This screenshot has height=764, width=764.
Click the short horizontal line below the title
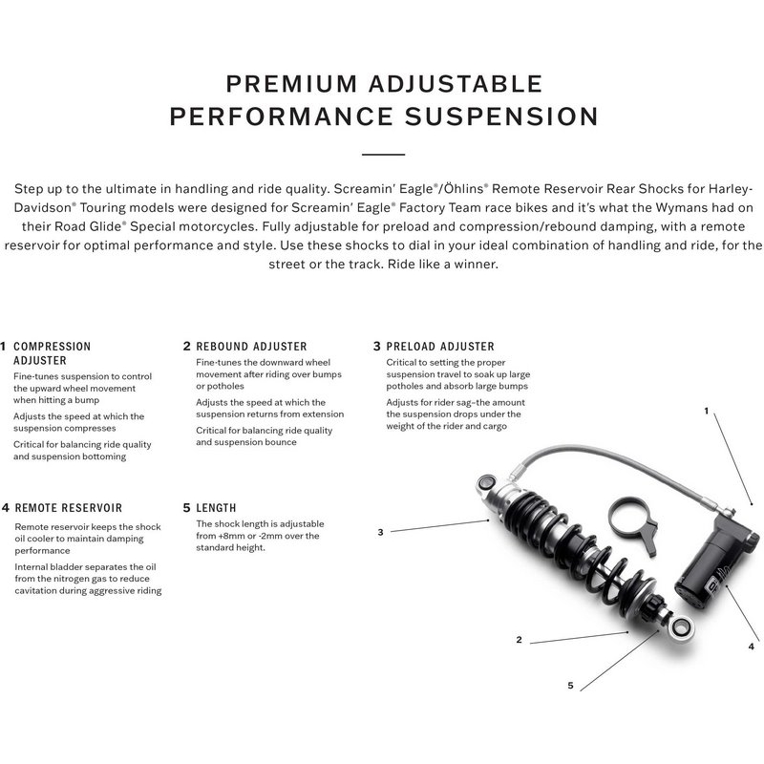pyautogui.click(x=383, y=153)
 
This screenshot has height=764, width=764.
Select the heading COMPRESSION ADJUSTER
pyautogui.click(x=52, y=353)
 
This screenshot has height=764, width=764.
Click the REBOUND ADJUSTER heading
pyautogui.click(x=251, y=347)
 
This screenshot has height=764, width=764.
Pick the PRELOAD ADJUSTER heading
pyautogui.click(x=440, y=347)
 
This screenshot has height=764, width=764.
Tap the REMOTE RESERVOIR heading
pyautogui.click(x=68, y=508)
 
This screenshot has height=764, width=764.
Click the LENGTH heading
pyautogui.click(x=216, y=508)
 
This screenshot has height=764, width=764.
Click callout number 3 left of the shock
pyautogui.click(x=380, y=532)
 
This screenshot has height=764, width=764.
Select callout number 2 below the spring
pyautogui.click(x=519, y=640)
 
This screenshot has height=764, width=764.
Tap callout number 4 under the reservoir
pyautogui.click(x=752, y=647)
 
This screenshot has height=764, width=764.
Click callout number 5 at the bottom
pyautogui.click(x=570, y=685)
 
